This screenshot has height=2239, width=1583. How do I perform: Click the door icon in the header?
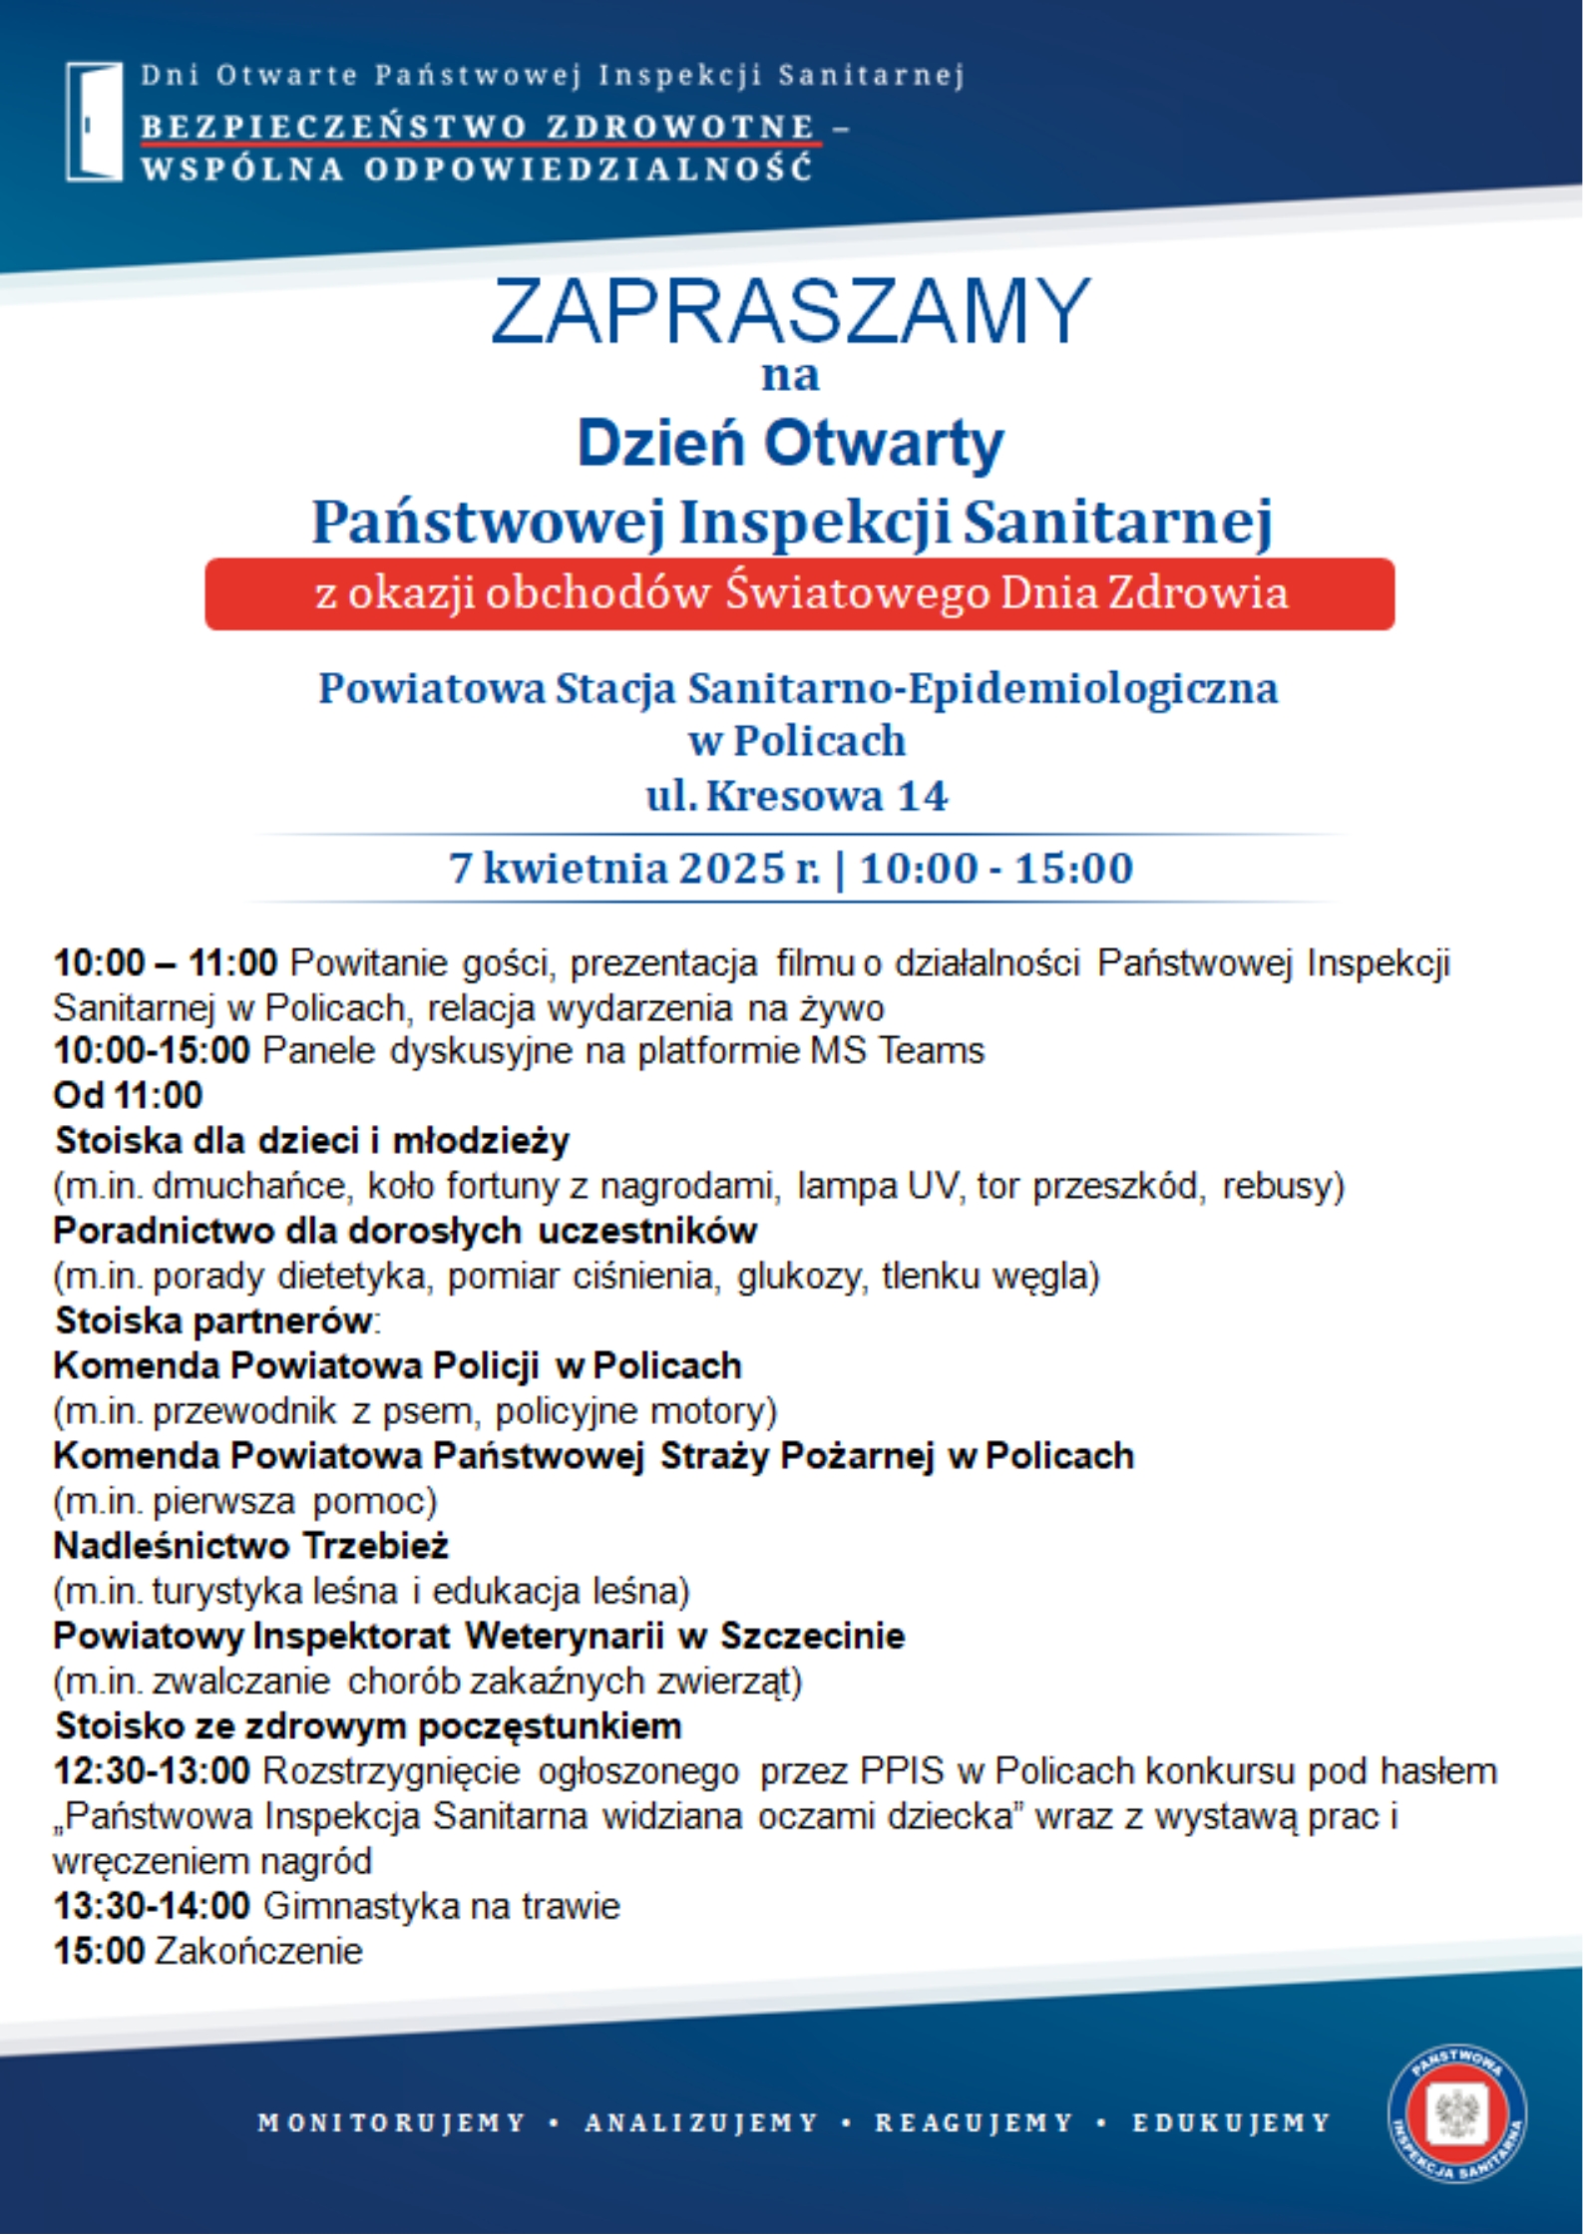94,122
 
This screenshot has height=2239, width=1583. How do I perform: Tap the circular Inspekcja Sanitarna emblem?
1456,2113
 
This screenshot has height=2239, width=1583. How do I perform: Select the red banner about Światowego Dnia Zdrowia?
799,593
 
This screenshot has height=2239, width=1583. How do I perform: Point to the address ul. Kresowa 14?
797,795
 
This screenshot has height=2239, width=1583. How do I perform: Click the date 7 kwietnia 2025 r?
634,868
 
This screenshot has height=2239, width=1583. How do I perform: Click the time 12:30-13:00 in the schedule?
152,1771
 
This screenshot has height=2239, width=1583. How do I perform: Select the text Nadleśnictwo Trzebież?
251,1545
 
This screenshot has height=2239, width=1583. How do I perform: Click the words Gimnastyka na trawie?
441,1906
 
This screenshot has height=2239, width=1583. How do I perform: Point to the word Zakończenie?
258,1951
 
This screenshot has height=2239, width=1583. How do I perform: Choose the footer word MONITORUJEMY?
391,2122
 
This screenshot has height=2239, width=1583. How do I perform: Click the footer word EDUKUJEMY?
1231,2122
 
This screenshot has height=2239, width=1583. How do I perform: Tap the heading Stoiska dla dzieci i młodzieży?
312,1140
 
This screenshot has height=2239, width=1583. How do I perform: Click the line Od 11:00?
128,1095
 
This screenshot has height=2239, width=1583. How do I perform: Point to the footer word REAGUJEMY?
974,2122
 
